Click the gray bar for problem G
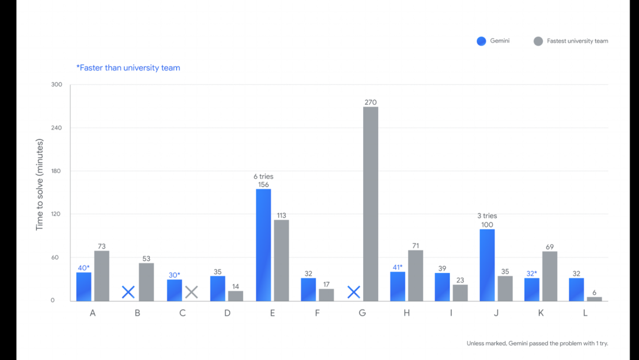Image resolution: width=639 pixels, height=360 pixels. [x=370, y=204]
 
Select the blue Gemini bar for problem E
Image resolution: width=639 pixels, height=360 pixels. [x=263, y=245]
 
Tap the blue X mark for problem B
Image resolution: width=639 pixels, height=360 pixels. [x=128, y=292]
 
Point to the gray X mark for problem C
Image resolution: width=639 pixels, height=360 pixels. [x=191, y=292]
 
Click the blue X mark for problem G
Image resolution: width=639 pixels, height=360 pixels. [x=354, y=292]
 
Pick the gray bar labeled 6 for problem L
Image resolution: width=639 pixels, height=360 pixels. [x=594, y=299]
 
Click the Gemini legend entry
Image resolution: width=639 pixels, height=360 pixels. [x=493, y=41]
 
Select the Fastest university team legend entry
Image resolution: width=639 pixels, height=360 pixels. [x=570, y=41]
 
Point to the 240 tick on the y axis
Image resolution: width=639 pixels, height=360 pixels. [x=56, y=128]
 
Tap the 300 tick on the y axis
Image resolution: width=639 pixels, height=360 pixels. [x=56, y=85]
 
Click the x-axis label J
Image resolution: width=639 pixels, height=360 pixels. [x=496, y=313]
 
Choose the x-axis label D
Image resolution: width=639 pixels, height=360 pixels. [x=227, y=313]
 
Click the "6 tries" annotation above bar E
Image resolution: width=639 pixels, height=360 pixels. [x=263, y=176]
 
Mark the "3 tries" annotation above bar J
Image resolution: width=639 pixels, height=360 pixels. [x=487, y=216]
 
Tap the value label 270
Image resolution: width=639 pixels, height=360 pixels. [x=370, y=102]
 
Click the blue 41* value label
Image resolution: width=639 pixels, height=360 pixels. [x=398, y=268]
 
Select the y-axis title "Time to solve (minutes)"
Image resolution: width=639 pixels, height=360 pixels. [x=39, y=184]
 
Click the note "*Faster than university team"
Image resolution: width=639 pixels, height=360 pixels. [x=128, y=67]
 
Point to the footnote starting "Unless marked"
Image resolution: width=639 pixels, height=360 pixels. [x=537, y=343]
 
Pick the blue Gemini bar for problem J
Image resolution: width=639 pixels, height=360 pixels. [x=487, y=265]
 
